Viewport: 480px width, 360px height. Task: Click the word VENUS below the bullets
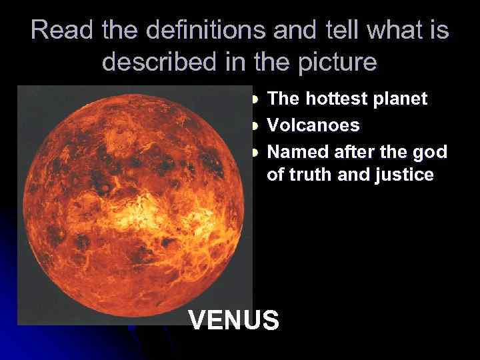point(234,320)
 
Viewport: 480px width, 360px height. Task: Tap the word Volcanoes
point(313,125)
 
